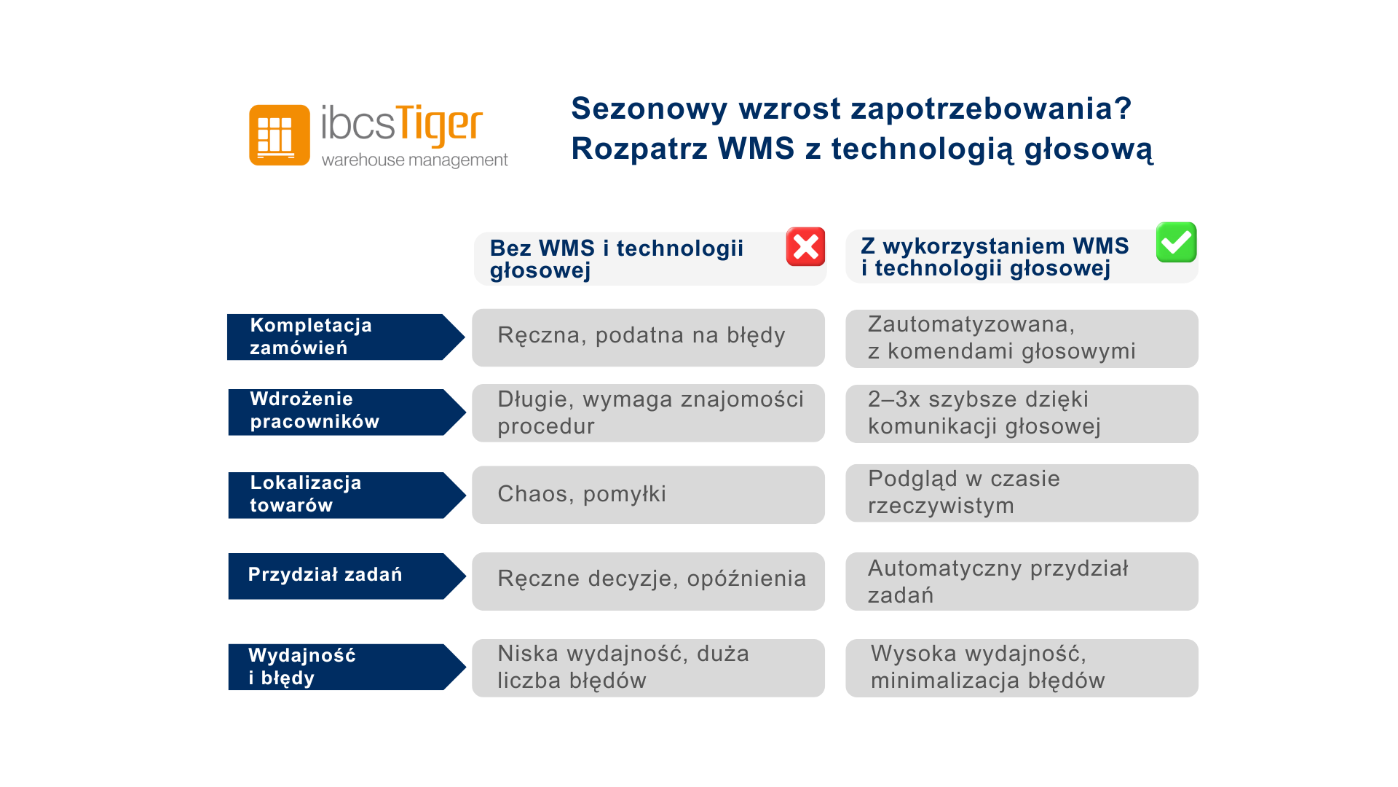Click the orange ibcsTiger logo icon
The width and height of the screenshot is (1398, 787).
tap(280, 135)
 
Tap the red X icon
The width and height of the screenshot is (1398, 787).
tap(805, 246)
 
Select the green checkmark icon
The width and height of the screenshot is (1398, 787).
tap(1176, 242)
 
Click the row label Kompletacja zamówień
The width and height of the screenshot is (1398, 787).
tap(346, 337)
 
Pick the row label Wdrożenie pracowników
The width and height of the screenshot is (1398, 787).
tap(347, 412)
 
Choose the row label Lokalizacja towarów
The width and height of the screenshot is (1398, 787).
tap(347, 495)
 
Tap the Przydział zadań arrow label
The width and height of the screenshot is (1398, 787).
tap(347, 576)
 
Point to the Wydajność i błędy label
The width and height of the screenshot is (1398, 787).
tap(347, 666)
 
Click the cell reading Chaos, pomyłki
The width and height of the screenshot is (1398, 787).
tap(648, 495)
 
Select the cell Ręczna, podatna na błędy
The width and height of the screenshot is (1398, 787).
tap(648, 337)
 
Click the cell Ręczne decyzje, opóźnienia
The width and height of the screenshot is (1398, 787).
tap(648, 581)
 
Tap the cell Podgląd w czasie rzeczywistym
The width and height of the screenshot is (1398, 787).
tap(1022, 493)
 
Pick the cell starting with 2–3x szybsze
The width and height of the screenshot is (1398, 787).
tap(1022, 413)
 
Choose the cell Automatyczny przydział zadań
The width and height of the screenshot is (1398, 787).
tap(1022, 581)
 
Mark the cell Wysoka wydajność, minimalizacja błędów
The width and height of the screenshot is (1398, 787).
tap(1022, 667)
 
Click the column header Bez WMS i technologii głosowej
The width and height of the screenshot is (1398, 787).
tap(649, 259)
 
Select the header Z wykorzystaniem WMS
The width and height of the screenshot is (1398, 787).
tap(1022, 257)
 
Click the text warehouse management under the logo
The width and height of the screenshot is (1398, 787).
tap(414, 160)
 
